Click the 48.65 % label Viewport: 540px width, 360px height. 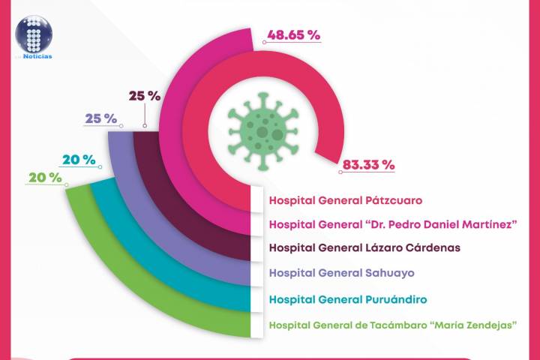(x=293, y=35)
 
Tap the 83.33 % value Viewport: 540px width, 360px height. (x=367, y=165)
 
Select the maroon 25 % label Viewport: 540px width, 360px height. (x=145, y=96)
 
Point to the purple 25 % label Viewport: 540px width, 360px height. (x=100, y=118)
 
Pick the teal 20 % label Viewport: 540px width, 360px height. (x=78, y=159)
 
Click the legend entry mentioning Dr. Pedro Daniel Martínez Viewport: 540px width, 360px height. (x=392, y=224)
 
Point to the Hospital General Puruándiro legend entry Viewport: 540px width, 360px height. (x=348, y=299)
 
